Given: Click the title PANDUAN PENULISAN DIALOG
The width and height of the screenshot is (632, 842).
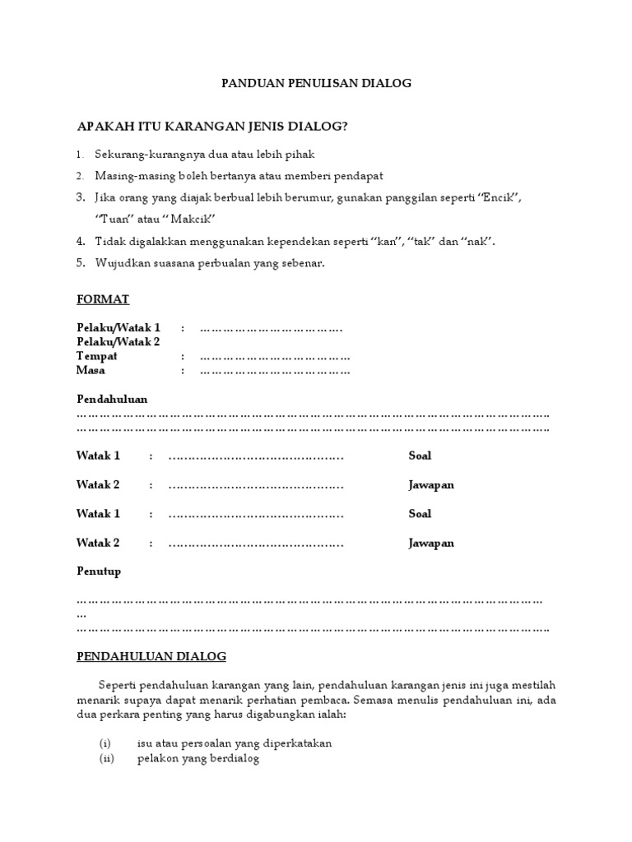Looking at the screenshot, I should pyautogui.click(x=317, y=83).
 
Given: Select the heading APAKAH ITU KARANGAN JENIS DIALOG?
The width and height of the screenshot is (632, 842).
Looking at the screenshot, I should pyautogui.click(x=212, y=126).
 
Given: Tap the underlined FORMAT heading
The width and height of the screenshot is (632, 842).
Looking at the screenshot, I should pyautogui.click(x=103, y=299).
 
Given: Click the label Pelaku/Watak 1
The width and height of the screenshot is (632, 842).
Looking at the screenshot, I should pyautogui.click(x=118, y=328).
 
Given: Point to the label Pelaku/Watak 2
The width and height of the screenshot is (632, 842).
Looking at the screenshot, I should pyautogui.click(x=118, y=342).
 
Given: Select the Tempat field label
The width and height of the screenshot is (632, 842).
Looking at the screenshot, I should pyautogui.click(x=97, y=356).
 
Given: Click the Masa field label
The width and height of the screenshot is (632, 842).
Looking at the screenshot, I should pyautogui.click(x=91, y=370).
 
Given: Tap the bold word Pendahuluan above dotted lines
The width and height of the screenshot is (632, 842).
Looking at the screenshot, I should pyautogui.click(x=112, y=399).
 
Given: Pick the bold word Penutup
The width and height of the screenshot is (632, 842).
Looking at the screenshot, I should pyautogui.click(x=98, y=571).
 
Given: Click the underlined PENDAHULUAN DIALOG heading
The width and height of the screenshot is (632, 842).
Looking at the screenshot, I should pyautogui.click(x=151, y=656).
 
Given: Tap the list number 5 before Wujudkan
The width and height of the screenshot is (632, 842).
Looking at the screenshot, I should pyautogui.click(x=81, y=263).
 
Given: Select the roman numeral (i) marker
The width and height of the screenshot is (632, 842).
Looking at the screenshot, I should pyautogui.click(x=105, y=743).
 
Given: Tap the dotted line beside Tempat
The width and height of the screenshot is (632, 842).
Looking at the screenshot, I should pyautogui.click(x=275, y=357).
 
